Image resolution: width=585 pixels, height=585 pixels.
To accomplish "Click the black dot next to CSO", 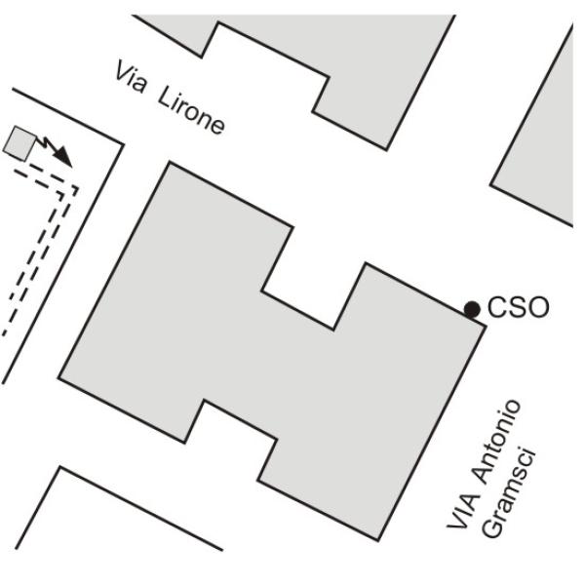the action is pos(472,309).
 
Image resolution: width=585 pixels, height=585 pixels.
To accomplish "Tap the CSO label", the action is pos(519,307).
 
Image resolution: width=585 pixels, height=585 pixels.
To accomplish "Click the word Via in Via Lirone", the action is pos(131,77).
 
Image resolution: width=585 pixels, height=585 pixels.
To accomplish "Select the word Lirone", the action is pos(191,110).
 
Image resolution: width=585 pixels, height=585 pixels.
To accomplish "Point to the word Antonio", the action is pos(496,443).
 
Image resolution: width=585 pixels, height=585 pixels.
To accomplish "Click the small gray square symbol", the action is pos(19,143).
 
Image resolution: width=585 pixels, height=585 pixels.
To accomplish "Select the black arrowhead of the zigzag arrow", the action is pos(62,157).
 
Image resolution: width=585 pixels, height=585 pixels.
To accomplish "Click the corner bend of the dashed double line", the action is pos(69,190).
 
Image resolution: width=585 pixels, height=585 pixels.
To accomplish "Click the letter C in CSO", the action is pos(497,307).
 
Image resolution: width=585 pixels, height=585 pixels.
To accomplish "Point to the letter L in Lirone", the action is pos(167,97).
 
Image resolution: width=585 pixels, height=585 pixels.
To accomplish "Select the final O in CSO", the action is pos(538,307).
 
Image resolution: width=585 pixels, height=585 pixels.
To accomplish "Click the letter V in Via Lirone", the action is pos(123,71).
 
